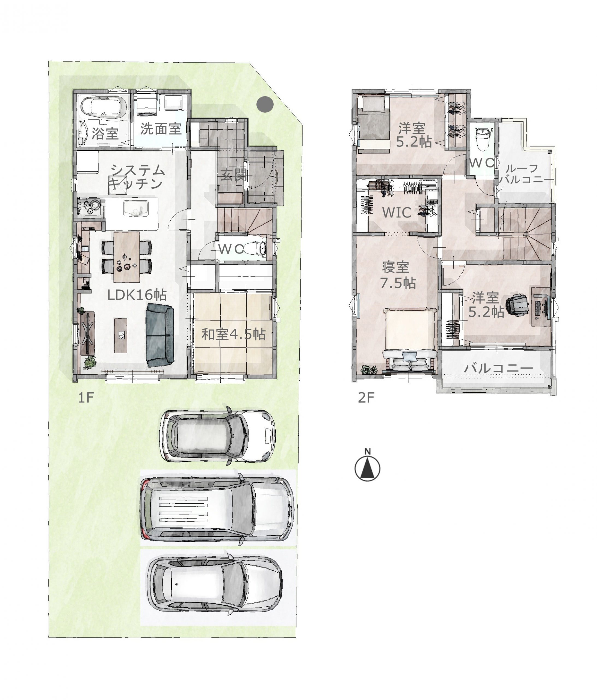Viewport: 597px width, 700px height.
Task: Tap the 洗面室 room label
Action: click(x=161, y=129)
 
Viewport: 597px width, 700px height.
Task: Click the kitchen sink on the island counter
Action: click(x=136, y=208)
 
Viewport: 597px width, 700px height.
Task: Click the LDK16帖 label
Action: click(x=137, y=295)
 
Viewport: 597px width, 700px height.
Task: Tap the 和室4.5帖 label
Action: click(x=234, y=334)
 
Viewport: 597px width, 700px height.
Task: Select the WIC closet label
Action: click(x=397, y=212)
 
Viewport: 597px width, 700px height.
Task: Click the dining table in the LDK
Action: click(x=126, y=257)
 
